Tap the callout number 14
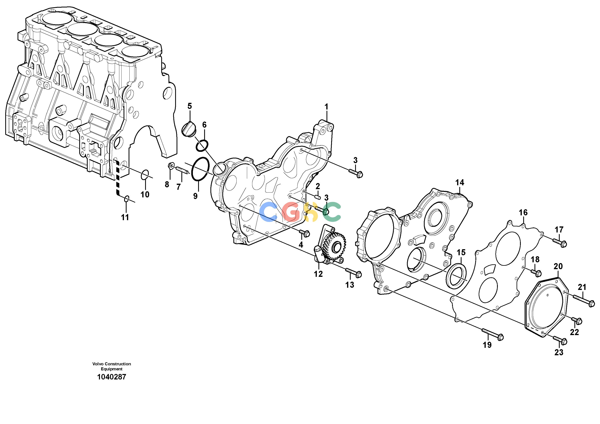tap(460, 182)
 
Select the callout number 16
tap(523, 213)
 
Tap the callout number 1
tap(326, 107)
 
